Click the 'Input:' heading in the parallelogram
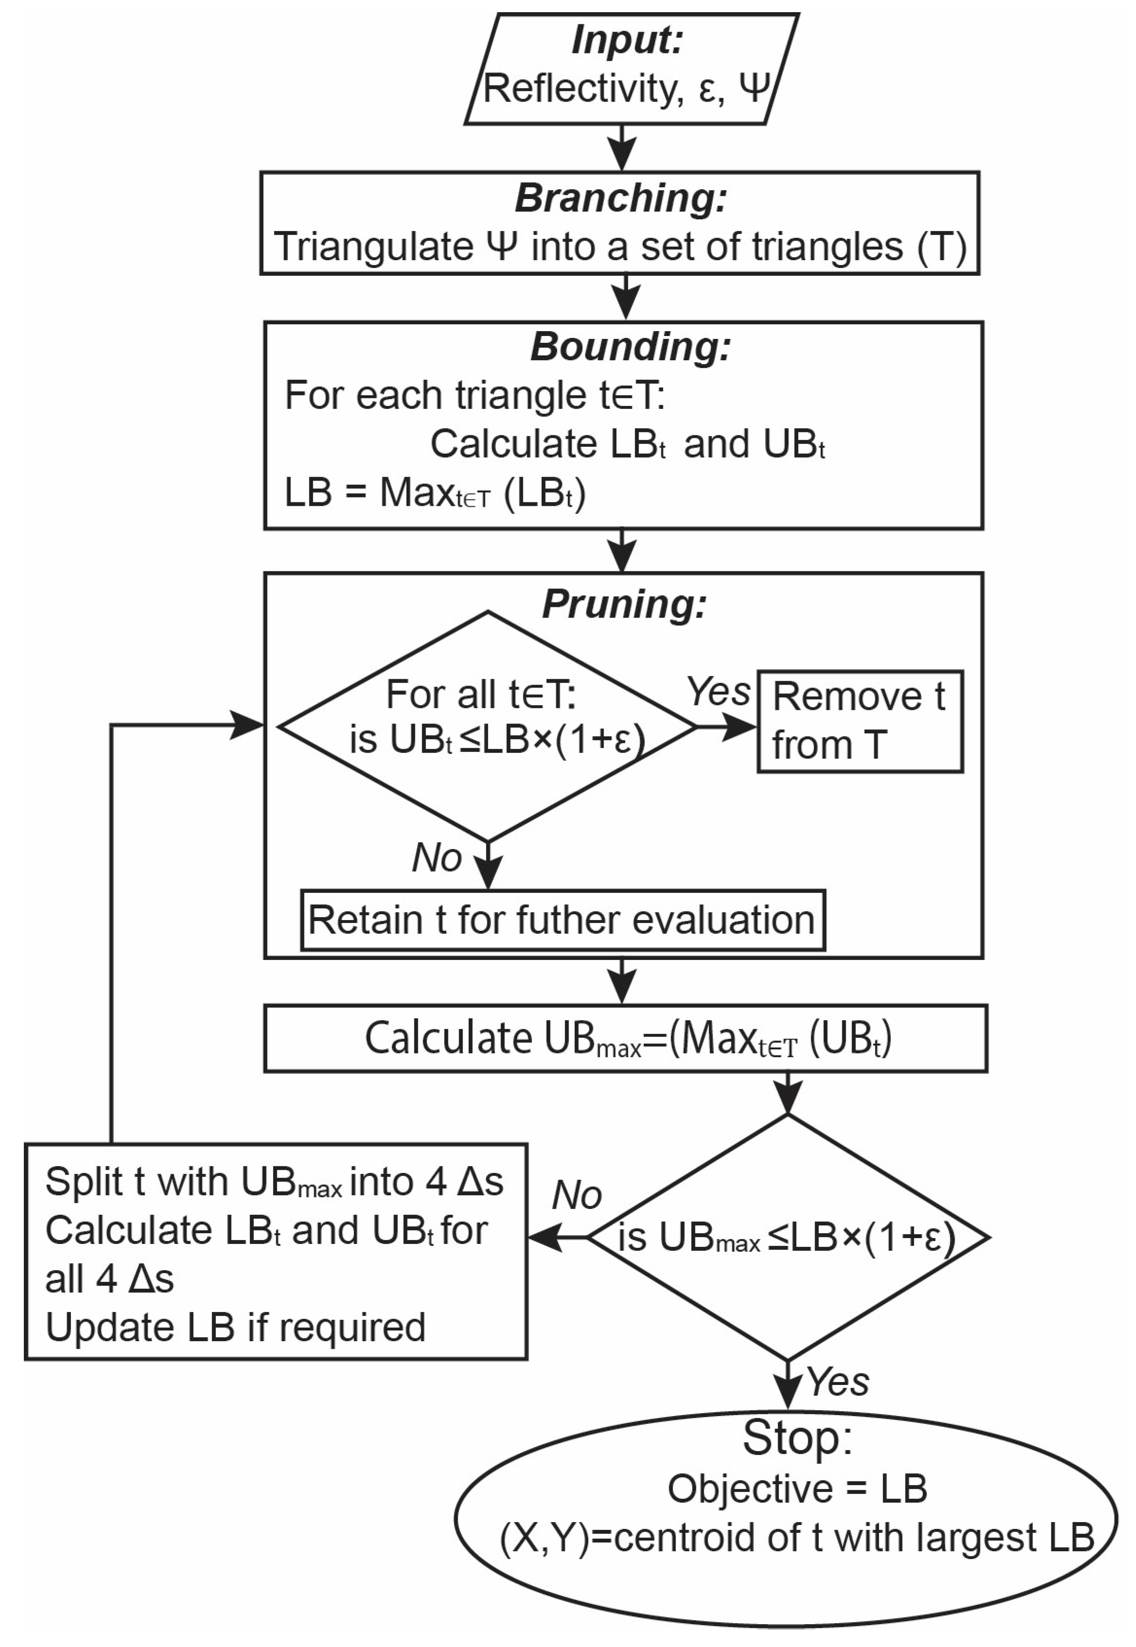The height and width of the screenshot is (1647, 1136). click(x=626, y=40)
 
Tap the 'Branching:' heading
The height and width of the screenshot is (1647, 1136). click(x=621, y=198)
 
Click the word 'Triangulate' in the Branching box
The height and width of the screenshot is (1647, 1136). click(x=373, y=247)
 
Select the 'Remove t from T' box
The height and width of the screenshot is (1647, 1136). click(x=860, y=721)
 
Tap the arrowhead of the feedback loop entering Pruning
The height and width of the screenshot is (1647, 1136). click(x=249, y=726)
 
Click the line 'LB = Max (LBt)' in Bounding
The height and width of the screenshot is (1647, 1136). click(x=434, y=493)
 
